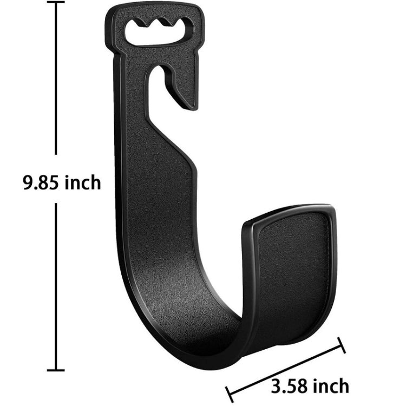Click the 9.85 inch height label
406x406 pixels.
[x=61, y=183]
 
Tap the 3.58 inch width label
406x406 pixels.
[x=310, y=386]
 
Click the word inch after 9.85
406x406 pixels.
[x=82, y=183]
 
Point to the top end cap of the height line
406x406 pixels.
[x=56, y=2]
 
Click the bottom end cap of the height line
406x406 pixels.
[x=56, y=370]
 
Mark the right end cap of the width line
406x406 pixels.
[x=341, y=345]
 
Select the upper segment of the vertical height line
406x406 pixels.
[x=56, y=81]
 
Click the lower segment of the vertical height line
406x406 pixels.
[x=56, y=287]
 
